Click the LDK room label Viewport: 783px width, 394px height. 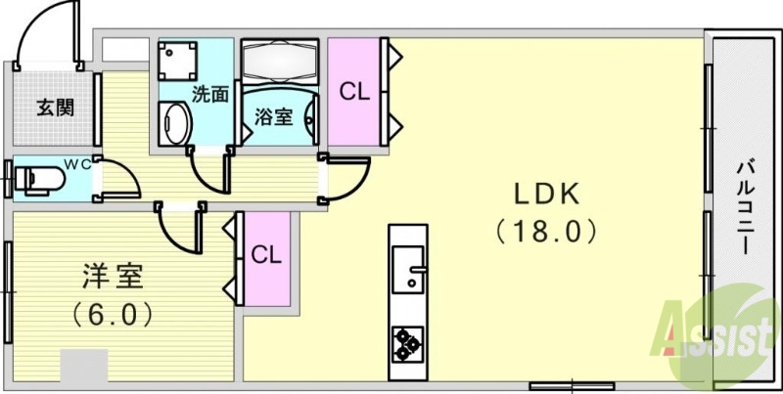click(546, 195)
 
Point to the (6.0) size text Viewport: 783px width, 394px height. click(112, 315)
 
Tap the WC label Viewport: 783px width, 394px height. click(77, 164)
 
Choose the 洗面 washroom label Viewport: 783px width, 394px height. click(210, 95)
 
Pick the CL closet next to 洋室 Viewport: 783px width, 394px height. click(266, 256)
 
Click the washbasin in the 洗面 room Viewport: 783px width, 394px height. click(175, 124)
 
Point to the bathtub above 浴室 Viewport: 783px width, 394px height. click(281, 62)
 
